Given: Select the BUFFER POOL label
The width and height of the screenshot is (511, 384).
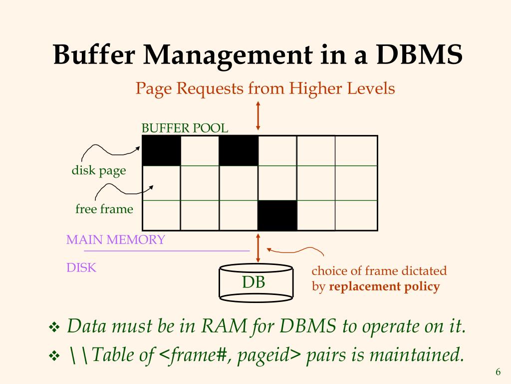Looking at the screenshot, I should (x=185, y=128).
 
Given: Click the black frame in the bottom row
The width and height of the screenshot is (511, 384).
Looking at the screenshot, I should (x=277, y=215).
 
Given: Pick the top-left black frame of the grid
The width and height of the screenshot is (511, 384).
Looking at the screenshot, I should (x=161, y=150).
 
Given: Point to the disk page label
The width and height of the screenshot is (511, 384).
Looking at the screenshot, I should (x=99, y=170).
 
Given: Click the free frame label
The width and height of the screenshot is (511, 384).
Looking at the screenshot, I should (x=104, y=208).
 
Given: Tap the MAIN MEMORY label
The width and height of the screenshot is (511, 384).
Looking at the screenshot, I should (x=115, y=239).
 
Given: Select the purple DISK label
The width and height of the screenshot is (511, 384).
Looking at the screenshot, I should (x=81, y=267).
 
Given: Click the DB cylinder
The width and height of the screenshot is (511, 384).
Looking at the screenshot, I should (x=256, y=283).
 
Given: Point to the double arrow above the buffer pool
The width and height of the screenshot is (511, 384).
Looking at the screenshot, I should (x=258, y=116).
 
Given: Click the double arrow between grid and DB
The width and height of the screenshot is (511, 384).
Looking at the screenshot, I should (x=258, y=247).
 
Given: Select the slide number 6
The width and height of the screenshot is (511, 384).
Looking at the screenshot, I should (x=498, y=372).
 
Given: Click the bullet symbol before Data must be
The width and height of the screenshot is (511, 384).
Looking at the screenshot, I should (x=54, y=328).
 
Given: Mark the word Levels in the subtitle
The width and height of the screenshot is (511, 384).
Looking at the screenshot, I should (x=373, y=89).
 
